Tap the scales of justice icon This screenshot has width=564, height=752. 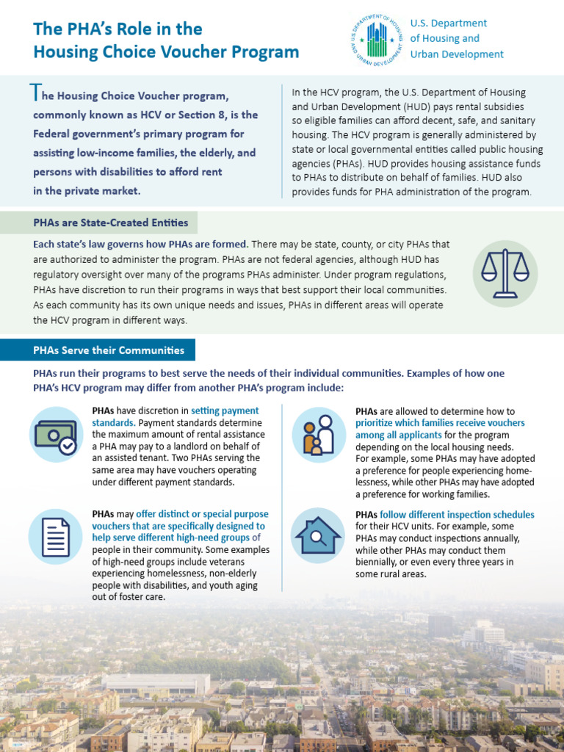(505, 273)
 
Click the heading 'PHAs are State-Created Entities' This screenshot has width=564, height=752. (111, 223)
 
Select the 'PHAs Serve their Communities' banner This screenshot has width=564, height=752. (109, 350)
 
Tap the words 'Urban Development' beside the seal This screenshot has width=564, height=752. (457, 54)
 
